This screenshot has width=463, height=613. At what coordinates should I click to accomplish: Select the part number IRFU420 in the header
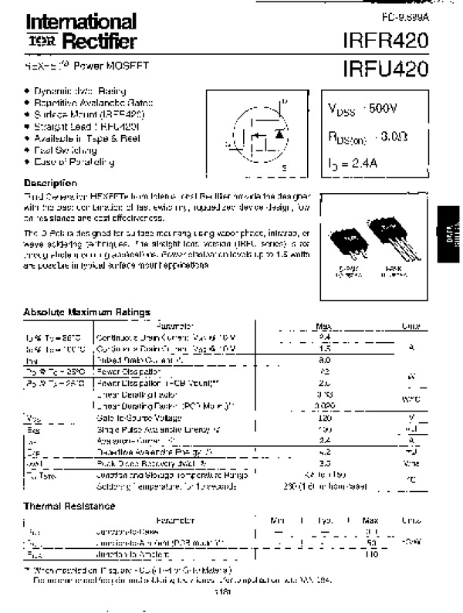coord(386,69)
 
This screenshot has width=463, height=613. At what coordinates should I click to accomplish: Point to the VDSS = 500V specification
coord(366,110)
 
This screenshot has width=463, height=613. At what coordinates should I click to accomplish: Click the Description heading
coord(50,183)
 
